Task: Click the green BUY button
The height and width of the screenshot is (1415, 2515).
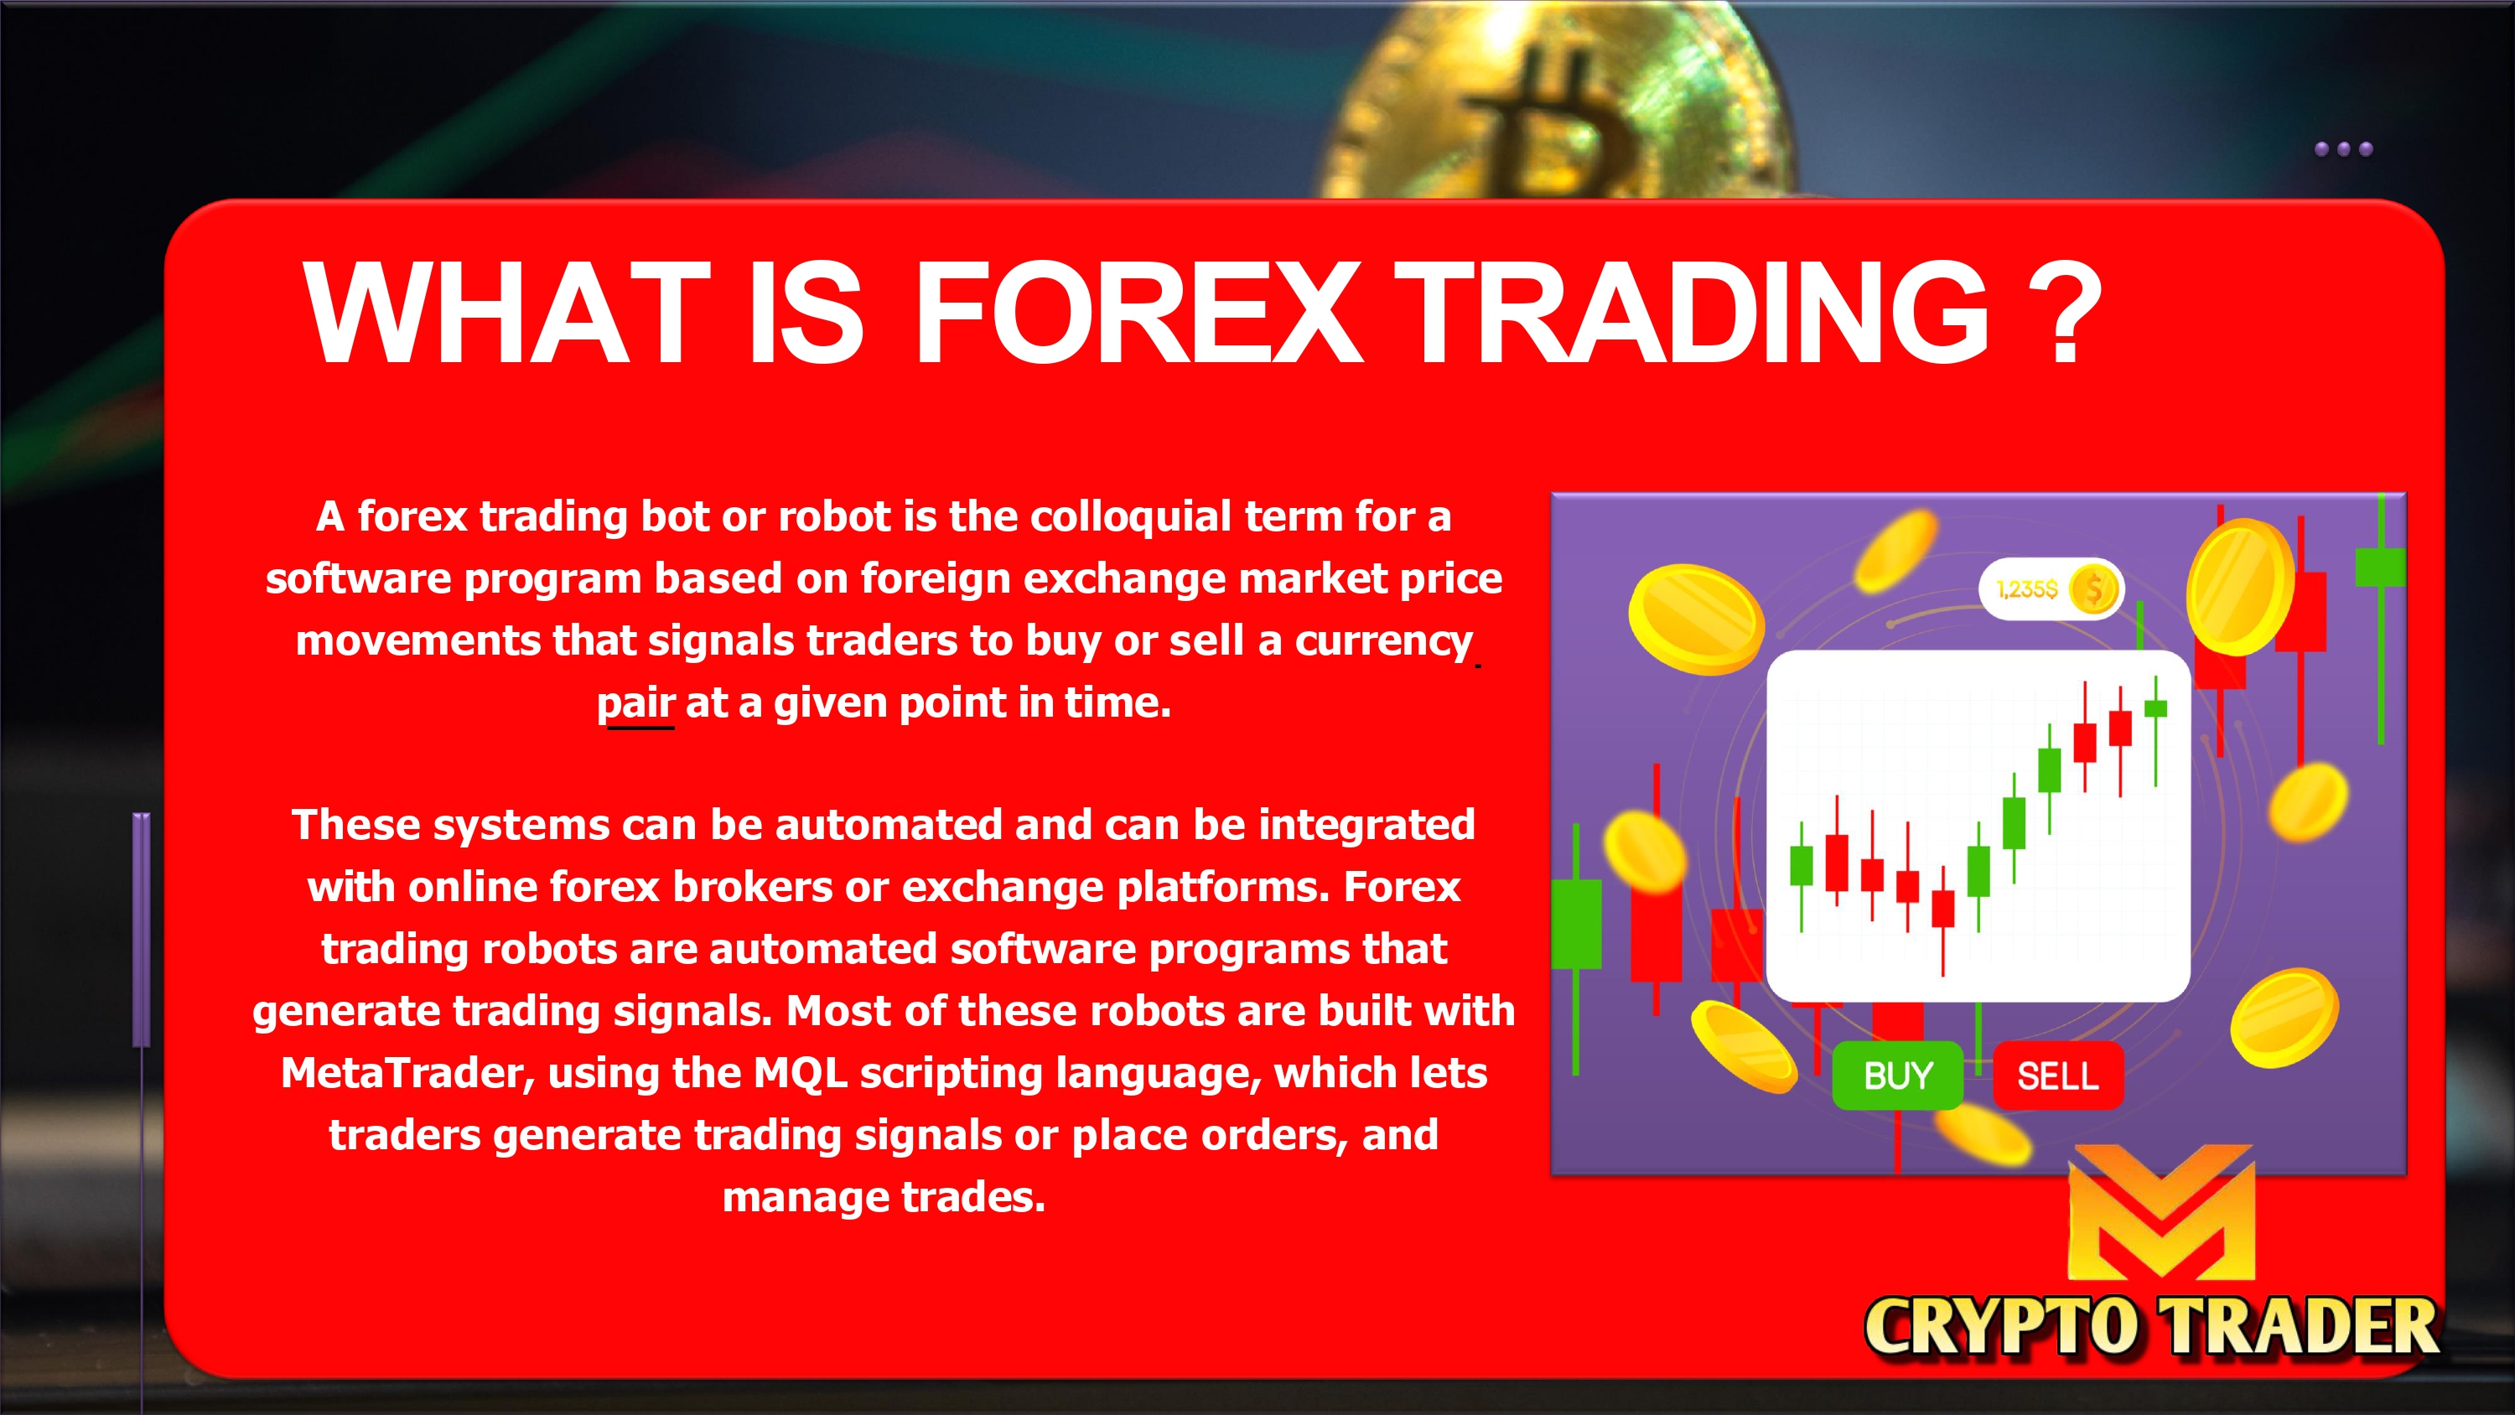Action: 1897,1076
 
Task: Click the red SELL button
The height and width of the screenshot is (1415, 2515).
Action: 2058,1076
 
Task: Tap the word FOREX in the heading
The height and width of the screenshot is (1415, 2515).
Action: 1137,313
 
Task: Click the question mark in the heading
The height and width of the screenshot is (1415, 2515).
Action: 2064,314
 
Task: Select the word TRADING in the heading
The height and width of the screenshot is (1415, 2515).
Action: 1692,313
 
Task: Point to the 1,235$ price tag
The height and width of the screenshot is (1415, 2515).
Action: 2051,588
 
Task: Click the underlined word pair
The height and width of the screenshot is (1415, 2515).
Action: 635,704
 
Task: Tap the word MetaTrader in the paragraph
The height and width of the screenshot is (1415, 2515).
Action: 407,1072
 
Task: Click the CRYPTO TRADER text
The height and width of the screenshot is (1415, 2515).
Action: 2152,1327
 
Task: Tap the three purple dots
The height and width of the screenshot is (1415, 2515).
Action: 2343,149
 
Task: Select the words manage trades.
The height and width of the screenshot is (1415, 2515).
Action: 884,1197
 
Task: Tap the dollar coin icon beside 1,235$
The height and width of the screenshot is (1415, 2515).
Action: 2092,588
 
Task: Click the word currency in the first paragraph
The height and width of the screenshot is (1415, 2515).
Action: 1383,641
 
